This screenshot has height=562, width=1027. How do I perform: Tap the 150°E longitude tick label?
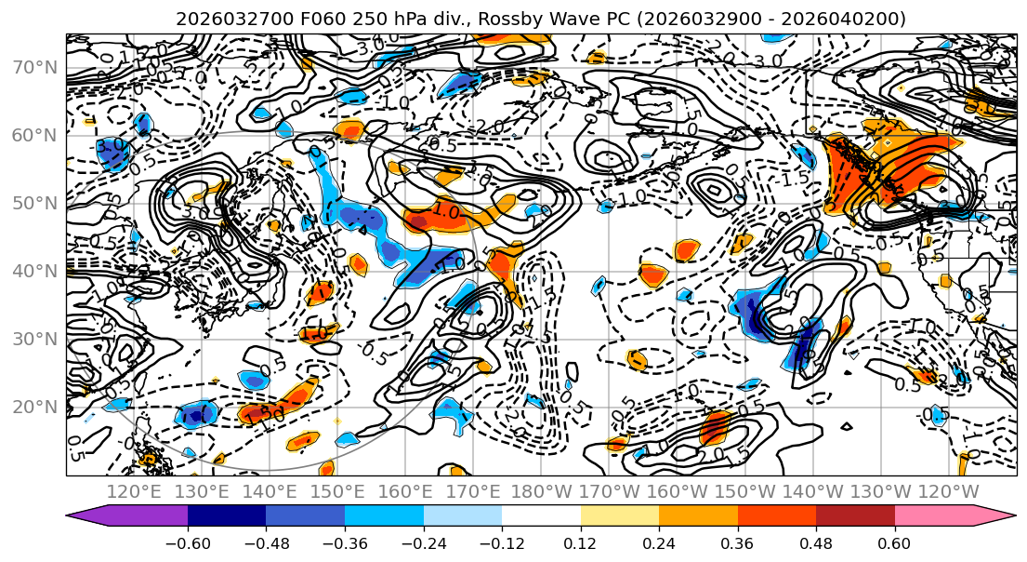pyautogui.click(x=338, y=491)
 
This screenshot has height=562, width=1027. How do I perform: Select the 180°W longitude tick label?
pyautogui.click(x=542, y=491)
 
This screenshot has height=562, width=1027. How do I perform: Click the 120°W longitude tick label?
pyautogui.click(x=949, y=491)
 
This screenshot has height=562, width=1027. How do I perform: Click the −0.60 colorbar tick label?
pyautogui.click(x=187, y=542)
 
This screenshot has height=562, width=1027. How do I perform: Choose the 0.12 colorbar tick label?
pyautogui.click(x=580, y=542)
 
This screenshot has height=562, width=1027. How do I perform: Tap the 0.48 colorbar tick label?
pyautogui.click(x=816, y=542)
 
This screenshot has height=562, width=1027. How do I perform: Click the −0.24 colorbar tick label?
pyautogui.click(x=423, y=542)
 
